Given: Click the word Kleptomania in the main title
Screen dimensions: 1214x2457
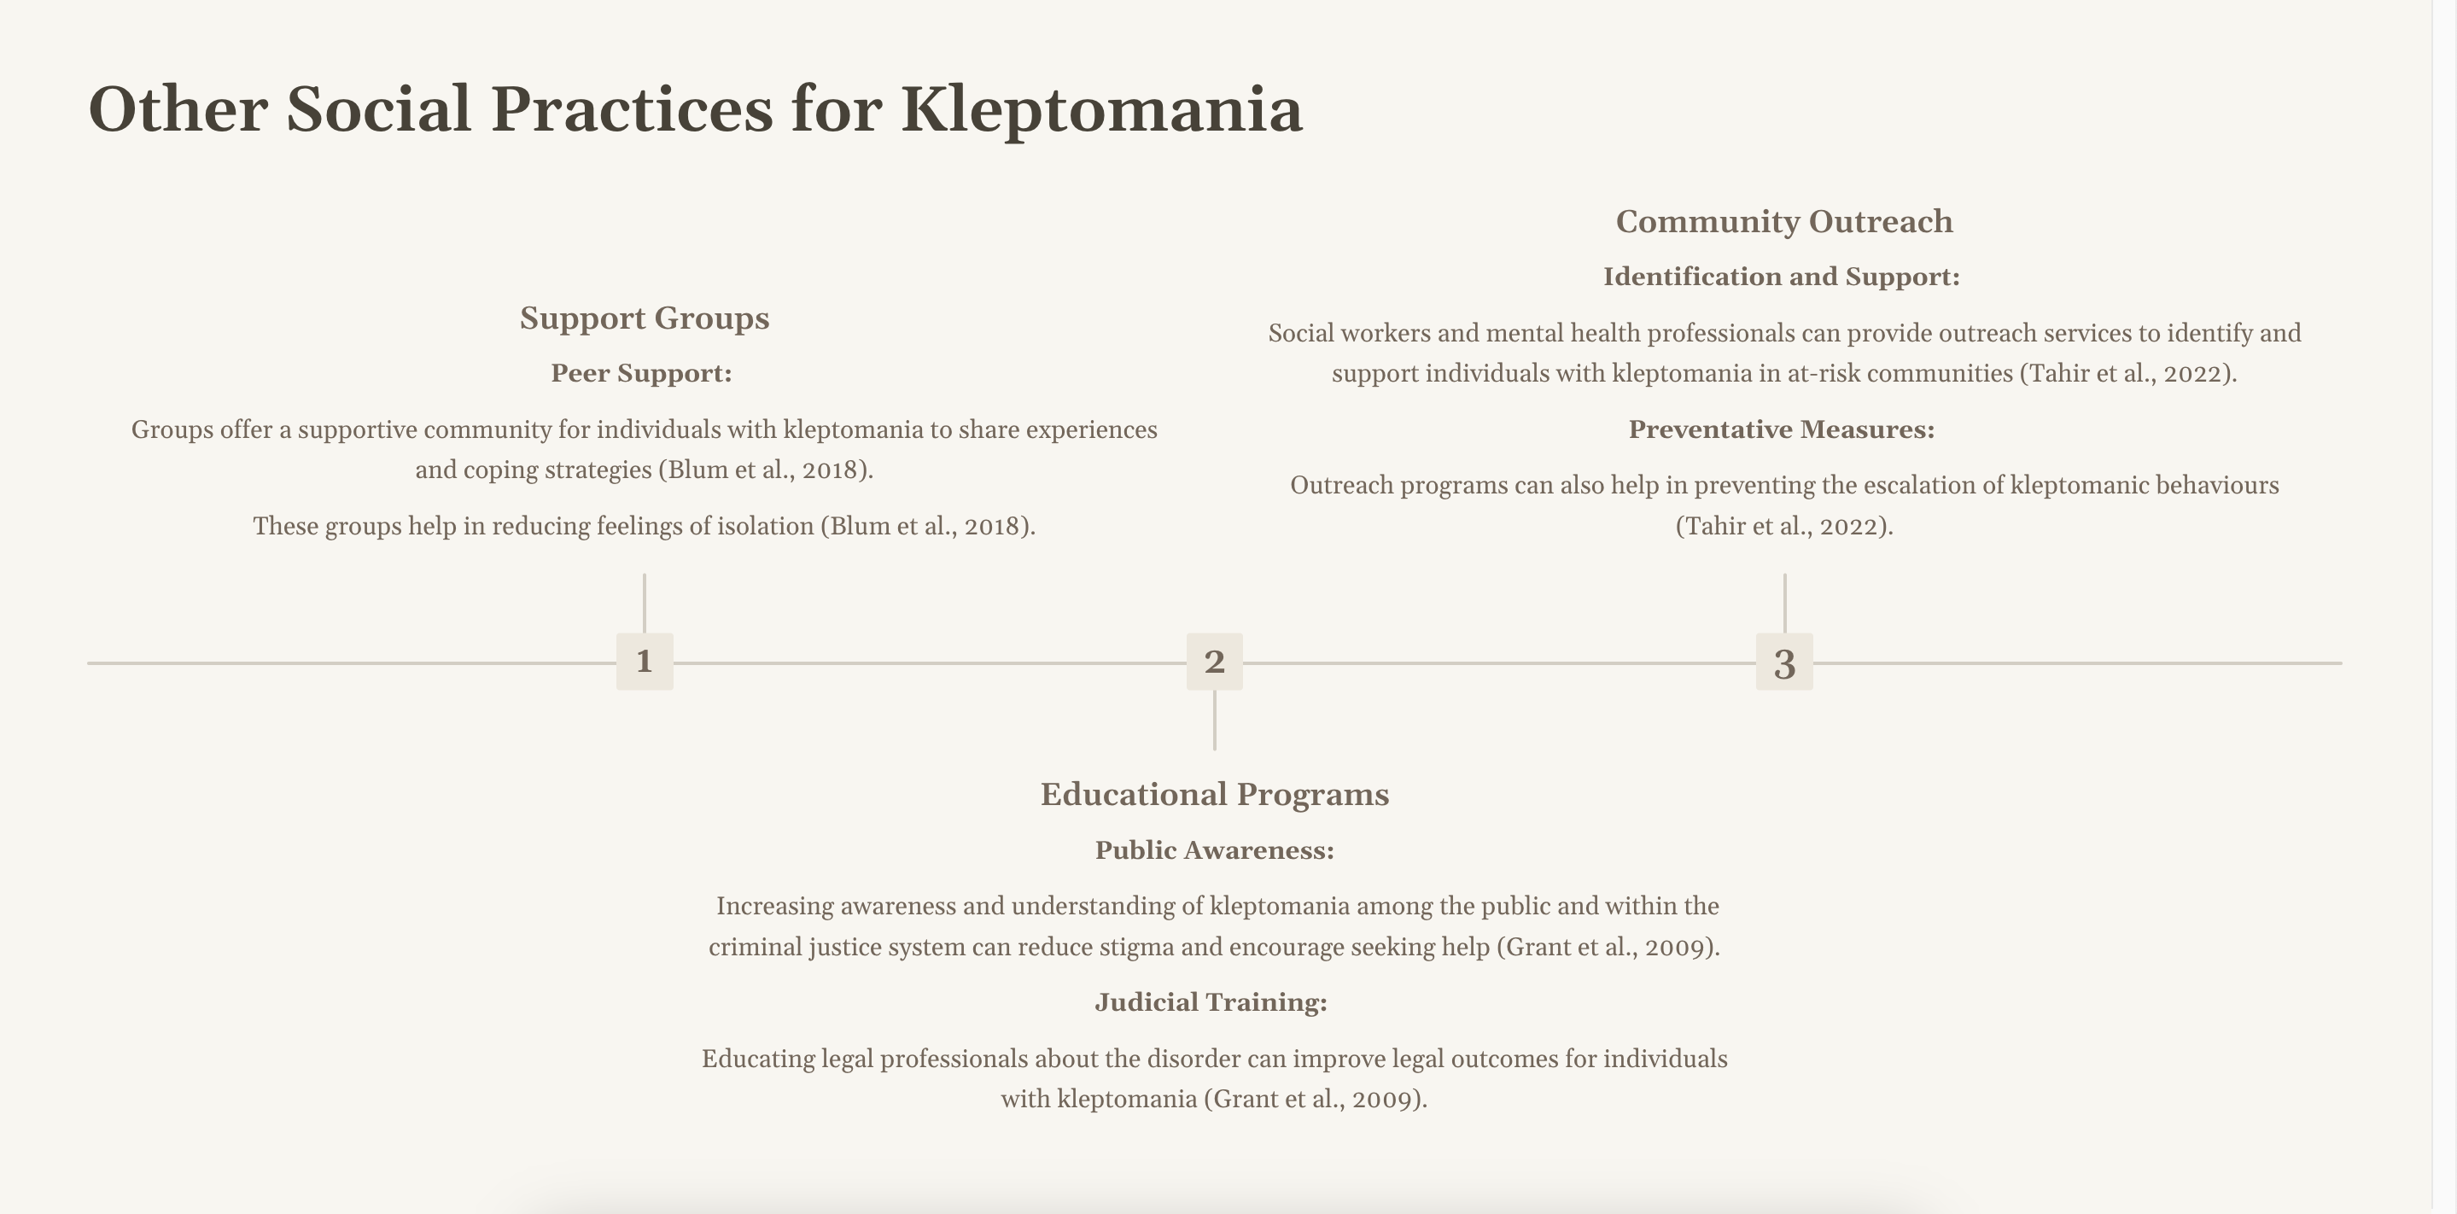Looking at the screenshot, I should coord(1100,109).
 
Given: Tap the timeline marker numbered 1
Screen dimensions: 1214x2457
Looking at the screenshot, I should coord(645,661).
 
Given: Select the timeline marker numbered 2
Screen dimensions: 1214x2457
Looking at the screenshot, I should coord(1214,661).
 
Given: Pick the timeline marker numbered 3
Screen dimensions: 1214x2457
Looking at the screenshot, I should coord(1783,661).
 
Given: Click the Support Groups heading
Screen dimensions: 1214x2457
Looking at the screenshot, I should coord(644,318).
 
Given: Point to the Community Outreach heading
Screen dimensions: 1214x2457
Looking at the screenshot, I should coord(1783,221).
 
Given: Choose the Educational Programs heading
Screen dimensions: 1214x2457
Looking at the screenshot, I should coord(1214,793).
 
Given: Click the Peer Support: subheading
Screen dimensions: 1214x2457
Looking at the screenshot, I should coord(641,373).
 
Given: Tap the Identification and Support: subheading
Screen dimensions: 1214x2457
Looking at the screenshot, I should coord(1781,277).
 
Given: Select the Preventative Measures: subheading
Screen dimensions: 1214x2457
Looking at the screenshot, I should coord(1781,429).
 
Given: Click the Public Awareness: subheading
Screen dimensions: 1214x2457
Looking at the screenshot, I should coord(1214,849).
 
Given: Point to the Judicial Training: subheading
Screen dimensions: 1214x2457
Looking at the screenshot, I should coord(1211,1001).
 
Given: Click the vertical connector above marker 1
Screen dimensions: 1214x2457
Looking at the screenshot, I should coord(645,602).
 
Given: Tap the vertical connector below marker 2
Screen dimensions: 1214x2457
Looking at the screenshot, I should coord(1214,720).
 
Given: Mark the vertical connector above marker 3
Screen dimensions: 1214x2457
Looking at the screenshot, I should coord(1784,602).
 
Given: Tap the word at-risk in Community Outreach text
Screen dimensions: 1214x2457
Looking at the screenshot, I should coord(1823,373).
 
